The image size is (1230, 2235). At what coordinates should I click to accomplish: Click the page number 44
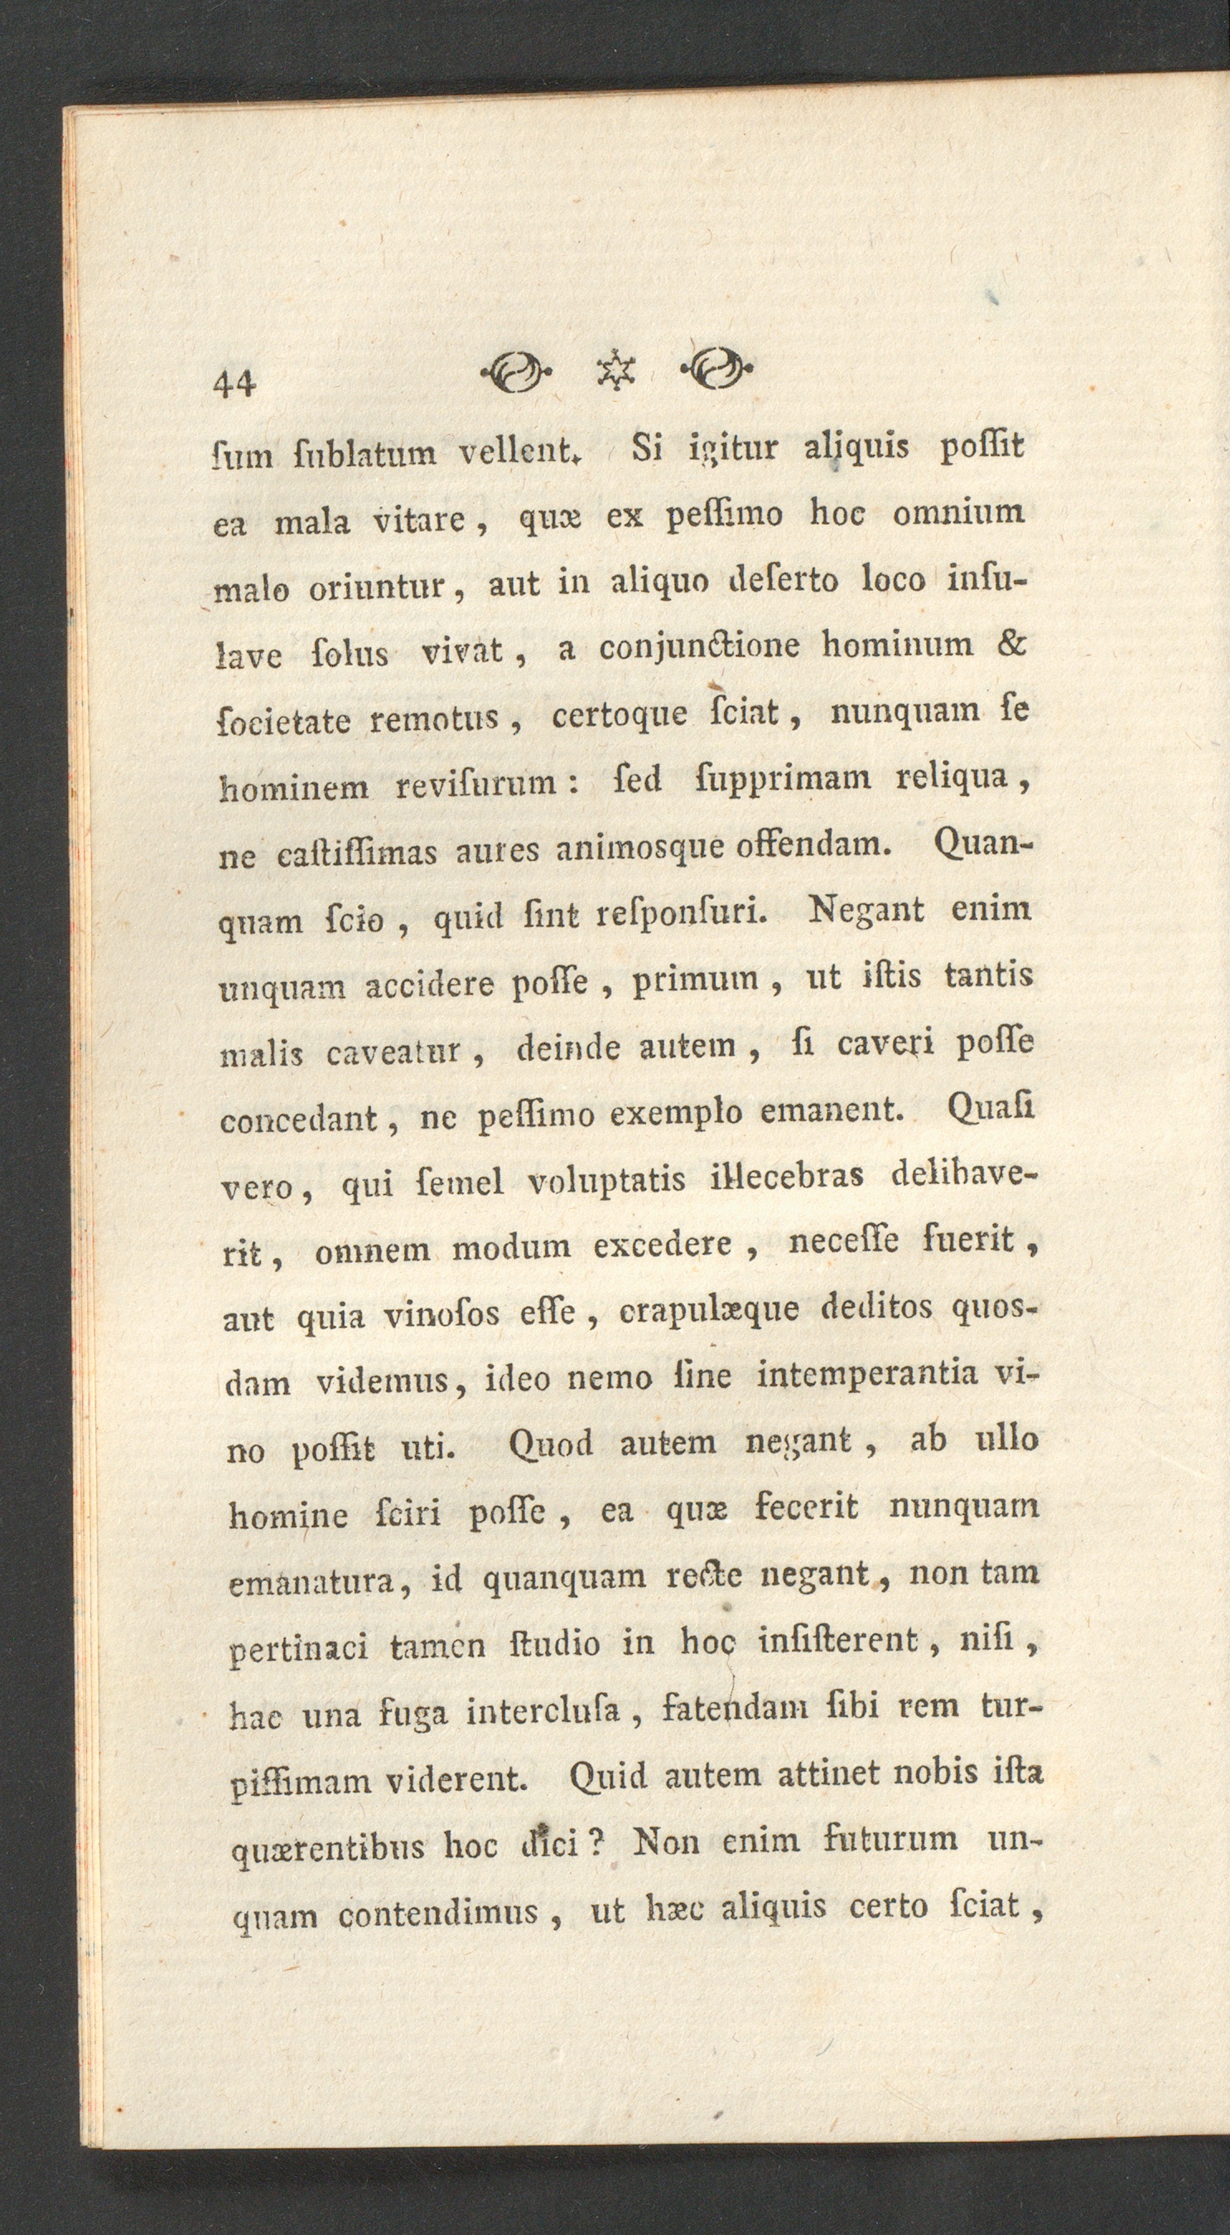click(234, 383)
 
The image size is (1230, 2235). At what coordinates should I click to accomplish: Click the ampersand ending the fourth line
click(1008, 644)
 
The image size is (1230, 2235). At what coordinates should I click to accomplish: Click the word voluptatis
click(606, 1181)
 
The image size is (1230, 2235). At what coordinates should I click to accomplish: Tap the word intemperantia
click(869, 1375)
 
